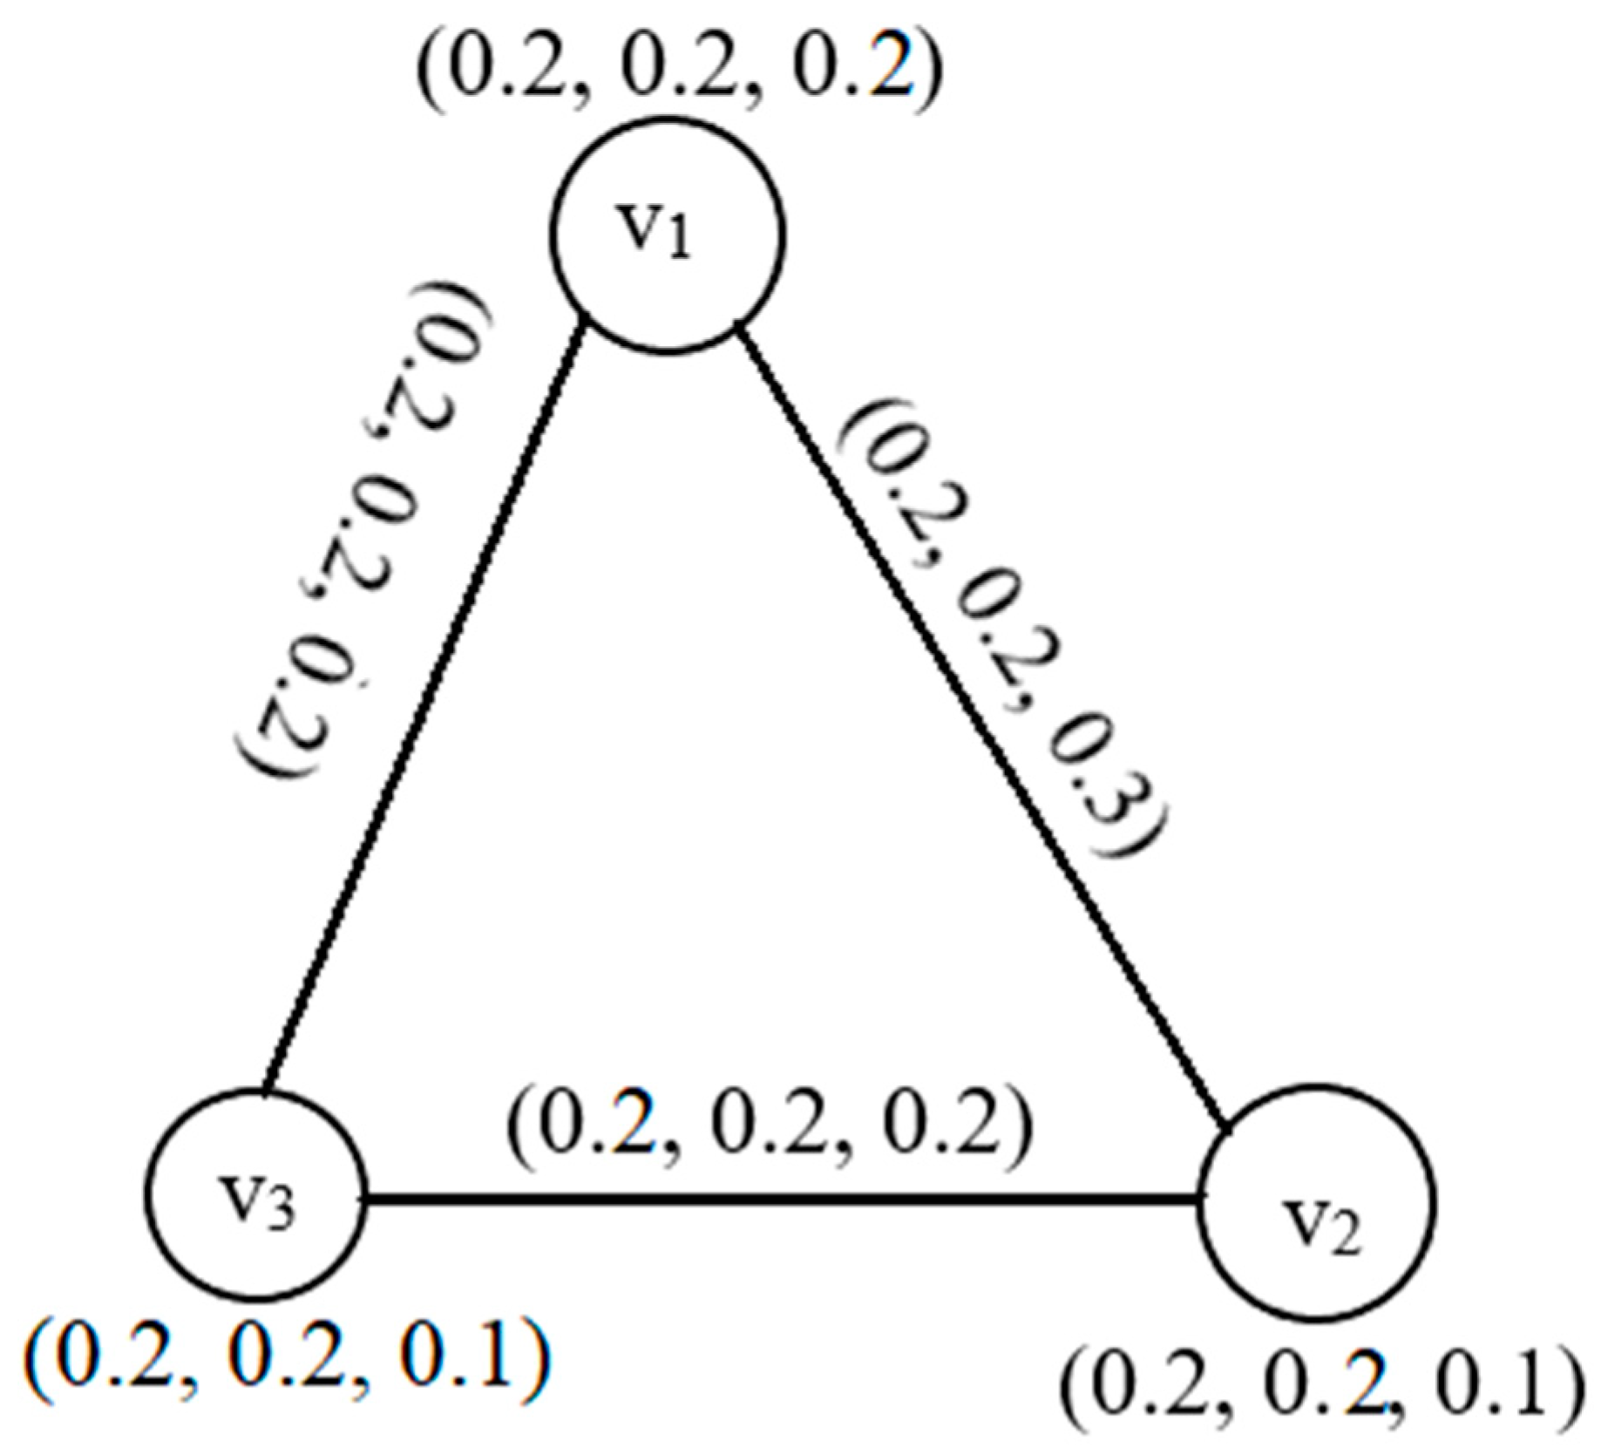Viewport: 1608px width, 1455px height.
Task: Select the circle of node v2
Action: (x=1317, y=1201)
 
